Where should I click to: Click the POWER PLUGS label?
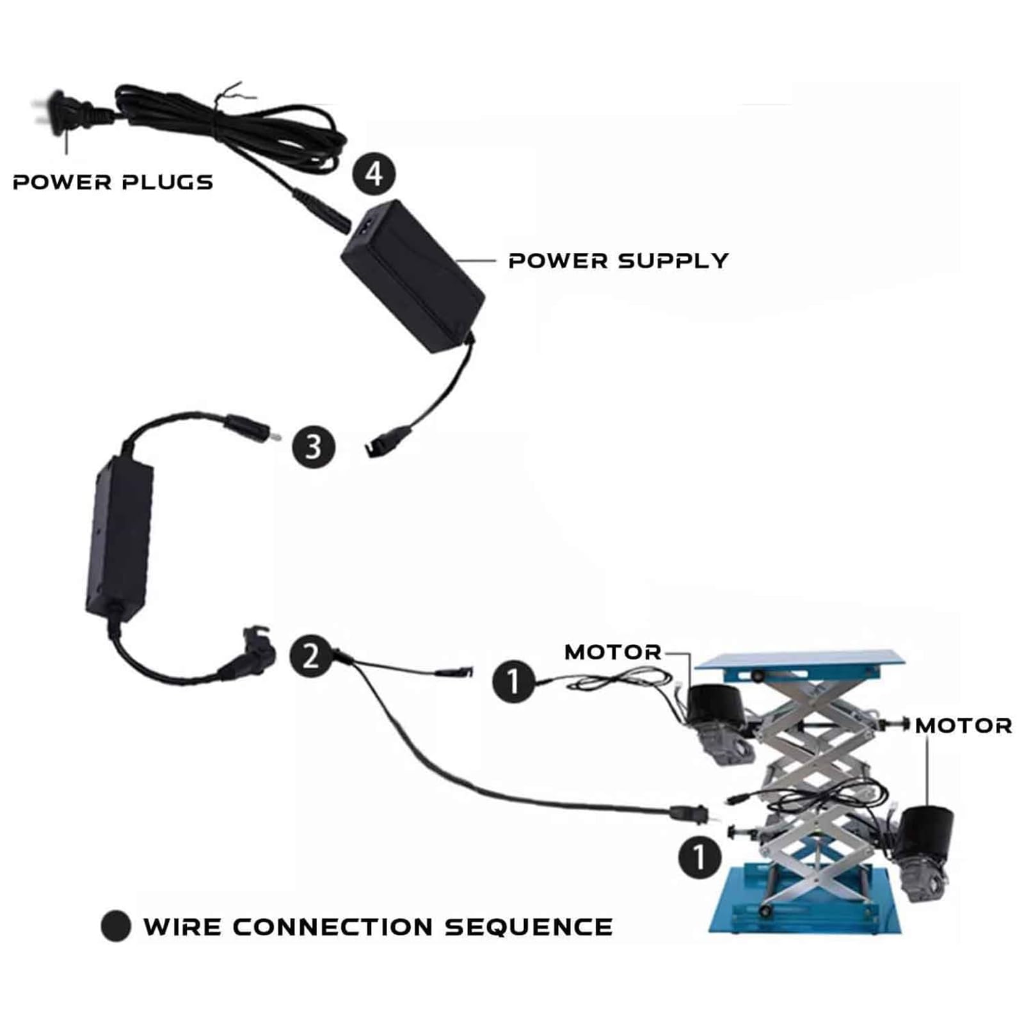click(x=113, y=182)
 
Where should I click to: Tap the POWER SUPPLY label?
click(x=618, y=261)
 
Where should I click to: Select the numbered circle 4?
click(x=374, y=174)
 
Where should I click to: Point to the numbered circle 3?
click(x=314, y=447)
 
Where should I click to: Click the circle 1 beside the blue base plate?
click(x=700, y=858)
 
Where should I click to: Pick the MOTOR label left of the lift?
click(x=612, y=652)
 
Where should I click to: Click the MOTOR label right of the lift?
click(x=963, y=726)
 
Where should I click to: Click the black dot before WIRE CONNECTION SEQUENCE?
click(x=116, y=926)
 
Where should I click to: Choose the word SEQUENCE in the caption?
click(x=529, y=927)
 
